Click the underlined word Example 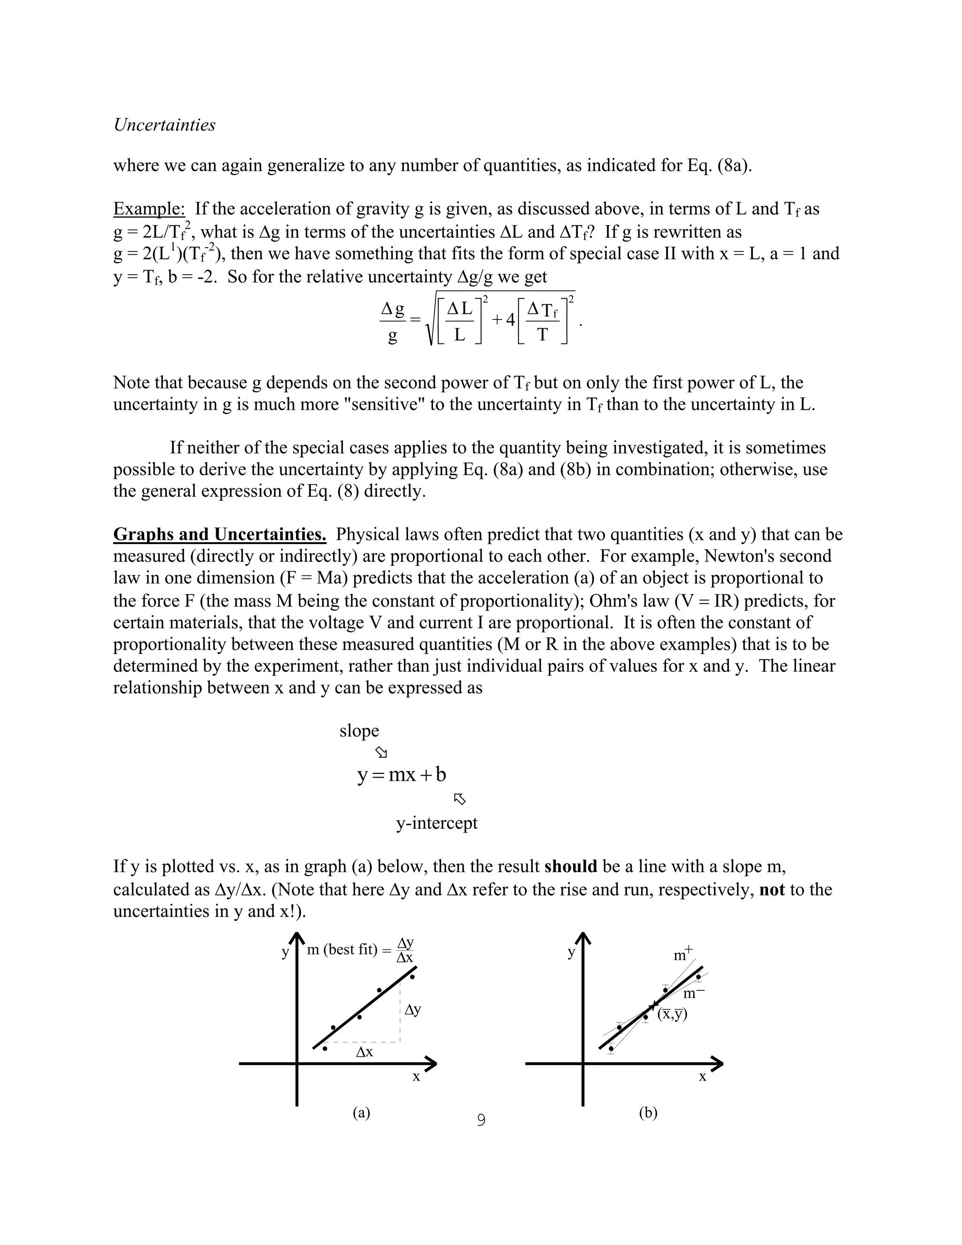149,209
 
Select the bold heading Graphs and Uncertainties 219,534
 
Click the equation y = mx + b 402,775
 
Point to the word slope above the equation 359,731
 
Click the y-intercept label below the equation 436,823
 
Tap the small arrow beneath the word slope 381,753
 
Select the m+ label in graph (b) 683,954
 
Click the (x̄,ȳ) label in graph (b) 673,1014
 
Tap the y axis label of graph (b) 571,953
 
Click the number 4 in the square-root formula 510,320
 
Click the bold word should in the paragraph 570,866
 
